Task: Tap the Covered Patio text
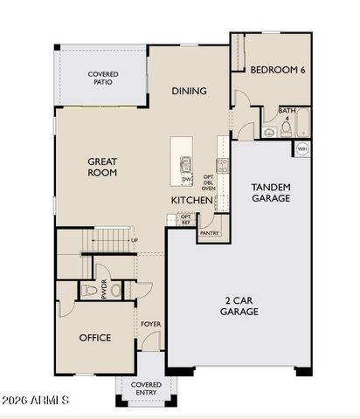click(x=103, y=79)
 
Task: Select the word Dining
click(x=189, y=91)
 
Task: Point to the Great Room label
click(x=102, y=167)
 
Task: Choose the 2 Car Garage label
click(x=238, y=306)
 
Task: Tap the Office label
click(x=95, y=338)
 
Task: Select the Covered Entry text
click(x=146, y=388)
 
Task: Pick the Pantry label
click(x=210, y=233)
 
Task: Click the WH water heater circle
click(x=302, y=149)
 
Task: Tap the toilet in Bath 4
click(x=269, y=132)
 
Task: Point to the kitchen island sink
click(x=186, y=162)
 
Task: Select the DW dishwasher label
click(x=186, y=180)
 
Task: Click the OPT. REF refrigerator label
click(x=185, y=219)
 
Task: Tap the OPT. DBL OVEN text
click(x=209, y=182)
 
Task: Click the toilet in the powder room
click(x=89, y=290)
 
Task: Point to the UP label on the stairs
click(x=134, y=240)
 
